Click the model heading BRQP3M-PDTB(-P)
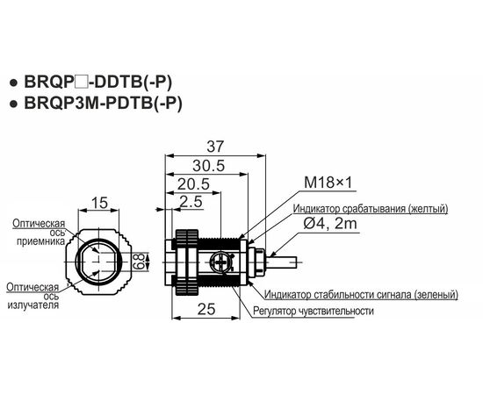tap(104, 103)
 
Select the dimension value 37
tap(214, 147)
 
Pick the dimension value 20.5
tap(193, 184)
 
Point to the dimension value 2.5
tap(191, 202)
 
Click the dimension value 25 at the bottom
tap(206, 309)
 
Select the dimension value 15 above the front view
tap(100, 203)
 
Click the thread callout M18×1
tap(328, 183)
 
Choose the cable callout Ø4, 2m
tap(330, 223)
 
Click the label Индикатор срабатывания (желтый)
tap(371, 208)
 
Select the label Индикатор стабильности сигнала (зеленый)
tap(361, 295)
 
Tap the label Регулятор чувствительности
tap(314, 311)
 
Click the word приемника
tap(40, 241)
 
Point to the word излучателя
tap(33, 305)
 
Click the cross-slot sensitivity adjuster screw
tap(220, 262)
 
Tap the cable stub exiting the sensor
tap(283, 262)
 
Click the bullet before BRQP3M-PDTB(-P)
tap(13, 104)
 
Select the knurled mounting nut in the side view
tap(187, 262)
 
